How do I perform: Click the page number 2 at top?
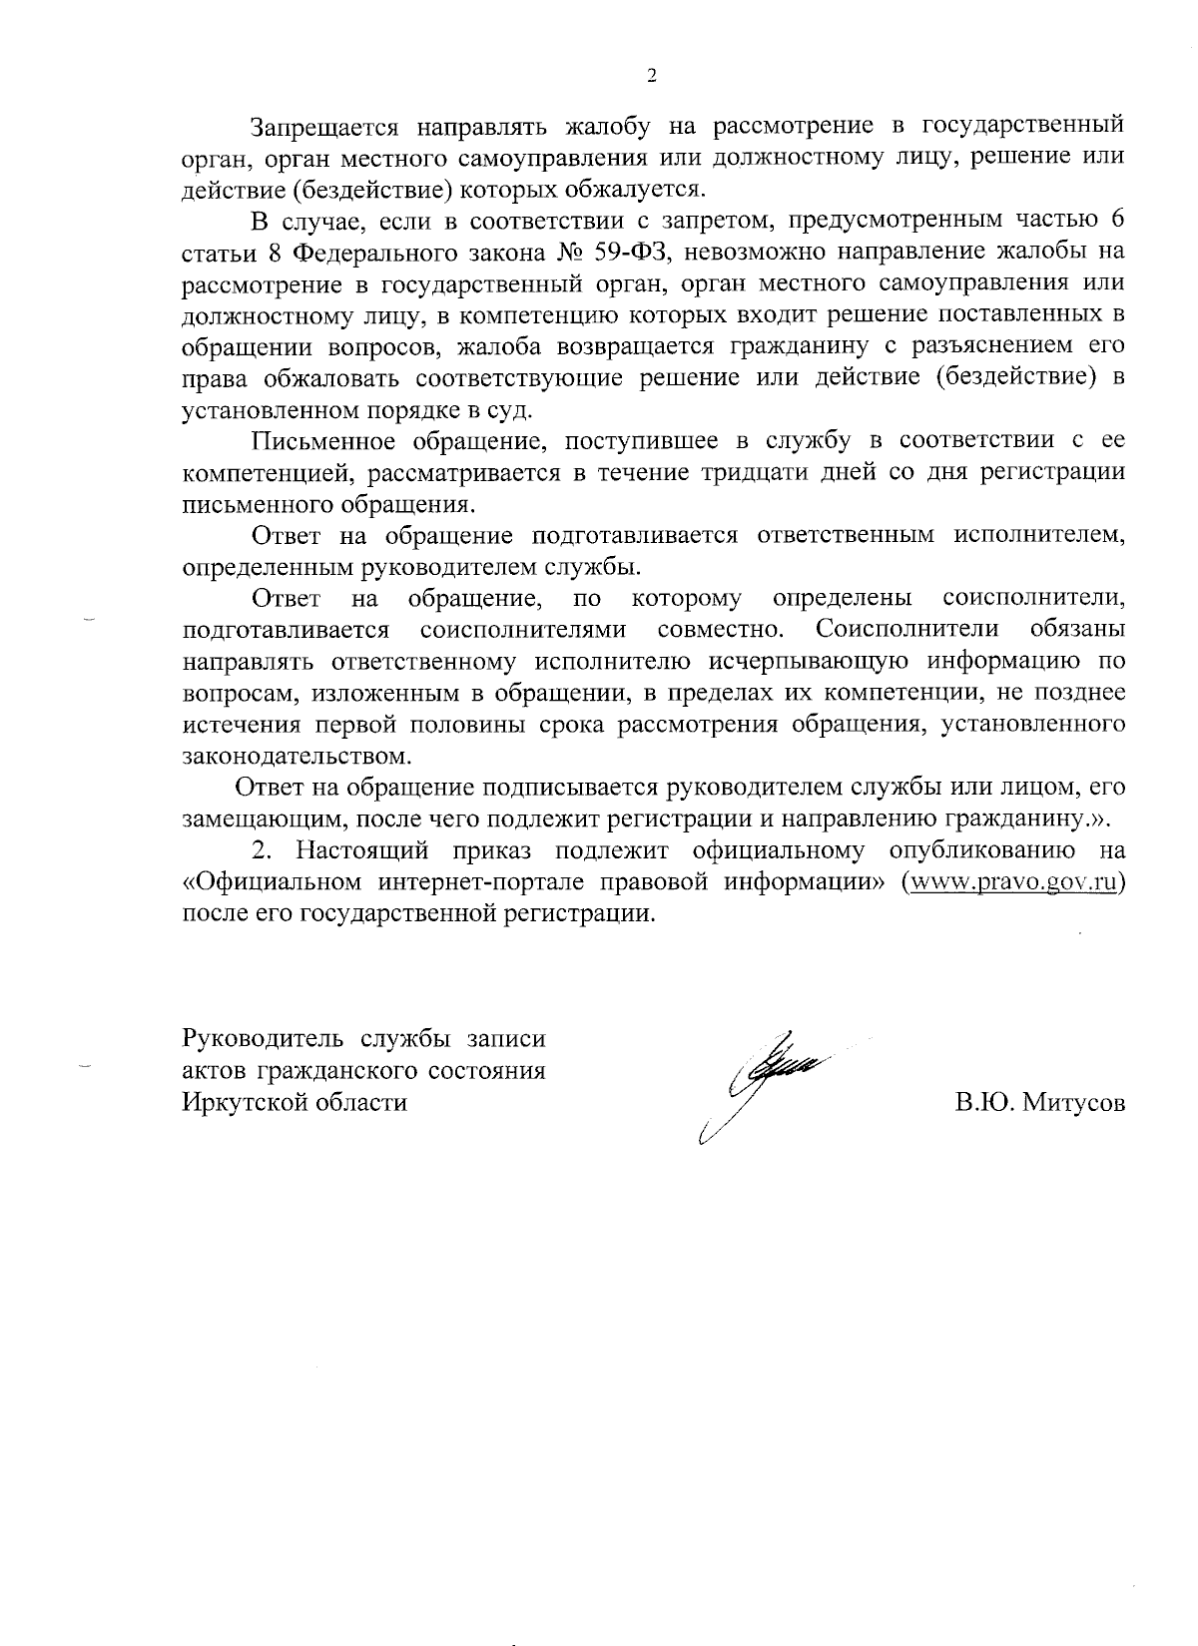tap(651, 78)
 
